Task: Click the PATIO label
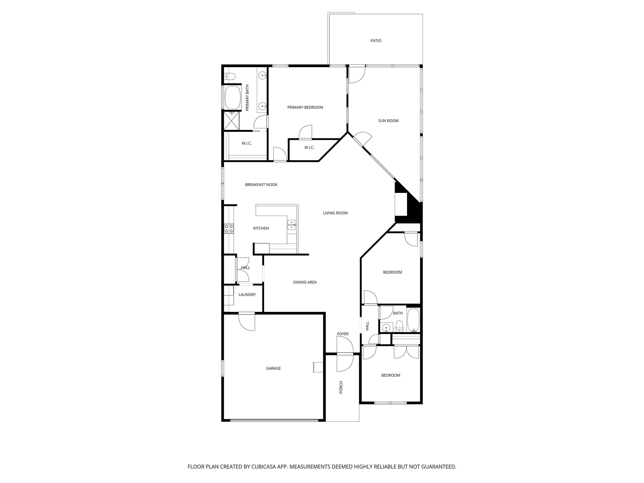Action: [376, 41]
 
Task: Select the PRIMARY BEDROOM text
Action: [305, 107]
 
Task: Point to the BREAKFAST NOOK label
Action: [261, 184]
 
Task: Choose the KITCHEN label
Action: [261, 228]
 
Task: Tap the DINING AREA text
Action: [305, 282]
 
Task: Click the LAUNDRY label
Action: [247, 295]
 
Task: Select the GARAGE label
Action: [273, 368]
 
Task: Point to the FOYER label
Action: [343, 334]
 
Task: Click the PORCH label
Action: [341, 387]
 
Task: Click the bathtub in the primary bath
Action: [233, 97]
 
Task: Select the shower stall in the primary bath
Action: [231, 121]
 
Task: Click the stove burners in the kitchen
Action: [229, 229]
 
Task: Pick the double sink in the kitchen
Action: [291, 225]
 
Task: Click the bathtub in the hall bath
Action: [413, 320]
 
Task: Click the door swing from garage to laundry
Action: [247, 322]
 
